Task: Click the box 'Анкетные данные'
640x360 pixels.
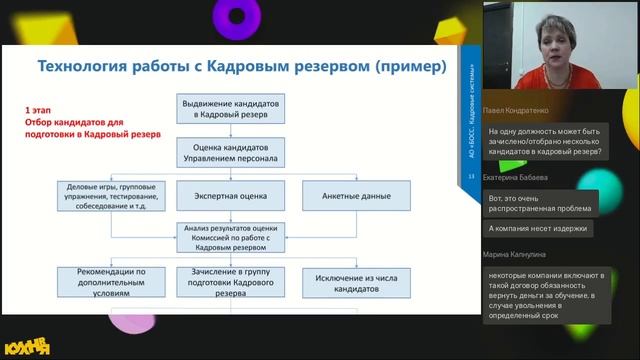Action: pyautogui.click(x=347, y=196)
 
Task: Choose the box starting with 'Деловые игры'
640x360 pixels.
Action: pyautogui.click(x=110, y=196)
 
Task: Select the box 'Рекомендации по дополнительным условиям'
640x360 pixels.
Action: pyautogui.click(x=110, y=280)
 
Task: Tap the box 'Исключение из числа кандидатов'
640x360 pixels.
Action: pyautogui.click(x=347, y=280)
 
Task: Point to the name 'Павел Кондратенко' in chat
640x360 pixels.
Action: pyautogui.click(x=519, y=111)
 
